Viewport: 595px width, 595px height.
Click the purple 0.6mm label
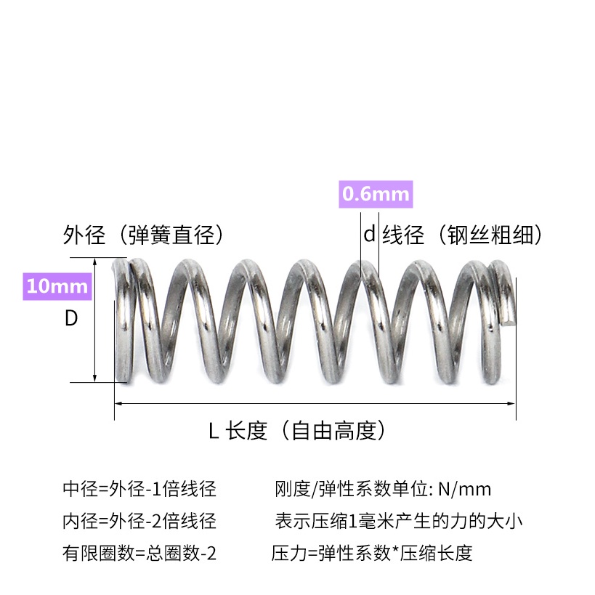(x=376, y=194)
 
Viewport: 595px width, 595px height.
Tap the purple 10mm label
(x=57, y=286)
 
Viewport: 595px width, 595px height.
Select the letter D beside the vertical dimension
(x=71, y=319)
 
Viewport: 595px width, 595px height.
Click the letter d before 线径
(x=369, y=235)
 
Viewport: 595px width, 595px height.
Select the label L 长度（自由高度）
(x=296, y=432)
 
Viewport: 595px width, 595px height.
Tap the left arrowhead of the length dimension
(x=118, y=402)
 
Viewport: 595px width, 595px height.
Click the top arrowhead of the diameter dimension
(x=95, y=261)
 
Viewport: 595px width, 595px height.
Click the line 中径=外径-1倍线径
(x=139, y=489)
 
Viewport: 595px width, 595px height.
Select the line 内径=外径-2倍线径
(x=139, y=521)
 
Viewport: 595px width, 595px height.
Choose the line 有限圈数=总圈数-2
(x=139, y=554)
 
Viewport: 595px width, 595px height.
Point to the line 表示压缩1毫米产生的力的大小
(x=398, y=521)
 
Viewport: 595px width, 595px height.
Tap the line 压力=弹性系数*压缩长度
(x=372, y=554)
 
